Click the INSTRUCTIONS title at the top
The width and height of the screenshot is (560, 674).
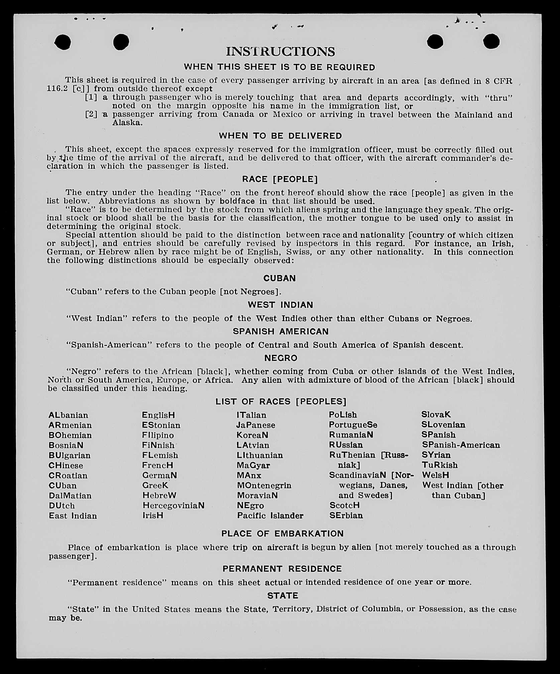point(280,52)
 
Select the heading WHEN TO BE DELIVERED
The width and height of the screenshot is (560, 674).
point(280,136)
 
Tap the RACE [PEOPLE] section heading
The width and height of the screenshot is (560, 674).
point(280,179)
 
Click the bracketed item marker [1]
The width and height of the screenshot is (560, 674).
point(91,97)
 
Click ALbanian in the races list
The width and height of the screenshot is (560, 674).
point(68,415)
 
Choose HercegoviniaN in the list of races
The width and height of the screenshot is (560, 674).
point(174,505)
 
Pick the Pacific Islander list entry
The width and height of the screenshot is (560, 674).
point(270,516)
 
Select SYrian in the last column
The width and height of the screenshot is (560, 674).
point(436,455)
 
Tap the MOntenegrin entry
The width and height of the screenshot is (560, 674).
point(264,485)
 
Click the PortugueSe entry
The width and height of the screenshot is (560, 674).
point(353,425)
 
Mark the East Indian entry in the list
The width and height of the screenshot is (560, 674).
point(73,516)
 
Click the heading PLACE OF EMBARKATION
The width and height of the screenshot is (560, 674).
point(282,534)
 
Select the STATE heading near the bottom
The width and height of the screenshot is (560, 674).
point(283,596)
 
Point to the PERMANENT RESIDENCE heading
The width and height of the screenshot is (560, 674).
point(282,569)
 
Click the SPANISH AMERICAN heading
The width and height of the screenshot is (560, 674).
point(281,331)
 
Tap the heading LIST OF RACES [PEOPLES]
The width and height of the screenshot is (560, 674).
point(281,402)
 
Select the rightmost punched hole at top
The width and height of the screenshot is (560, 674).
point(491,42)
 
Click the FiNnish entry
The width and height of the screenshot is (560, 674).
point(158,445)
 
